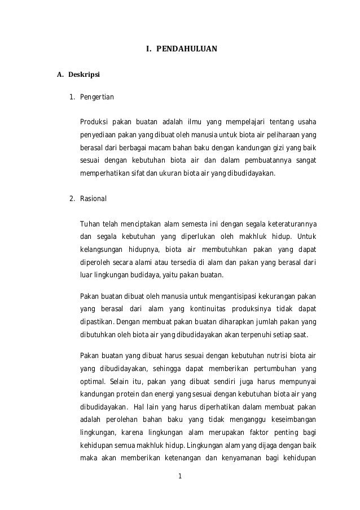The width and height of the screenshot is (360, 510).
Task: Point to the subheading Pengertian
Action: click(x=96, y=97)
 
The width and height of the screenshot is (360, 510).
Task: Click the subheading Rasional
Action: click(x=93, y=199)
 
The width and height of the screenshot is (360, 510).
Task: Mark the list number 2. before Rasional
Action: click(x=72, y=199)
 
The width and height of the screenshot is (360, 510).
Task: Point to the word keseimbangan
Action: click(x=290, y=420)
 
